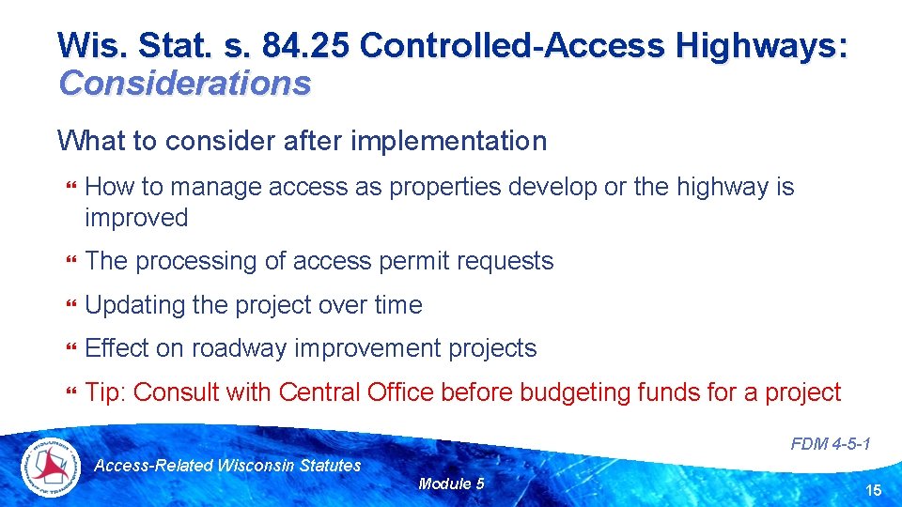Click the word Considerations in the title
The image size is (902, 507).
(184, 83)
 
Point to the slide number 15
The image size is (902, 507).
(873, 490)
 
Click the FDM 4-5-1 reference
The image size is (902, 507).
(831, 444)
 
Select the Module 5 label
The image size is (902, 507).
(451, 484)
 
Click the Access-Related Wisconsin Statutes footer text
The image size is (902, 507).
(228, 465)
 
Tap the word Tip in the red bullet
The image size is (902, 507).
(103, 392)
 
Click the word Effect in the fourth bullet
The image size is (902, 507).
(114, 348)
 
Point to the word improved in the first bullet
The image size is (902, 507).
(136, 218)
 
